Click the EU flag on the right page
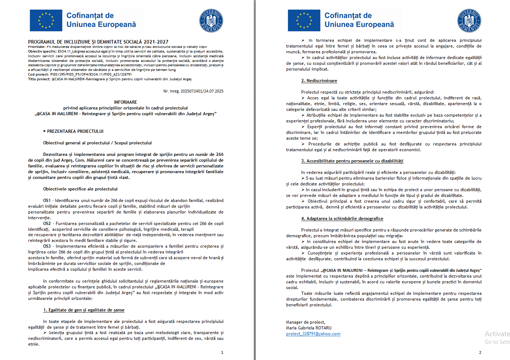304,21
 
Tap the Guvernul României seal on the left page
211,21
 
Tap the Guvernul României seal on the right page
469,21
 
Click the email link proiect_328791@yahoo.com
313,334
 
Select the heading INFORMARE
126,102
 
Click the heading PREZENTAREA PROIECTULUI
75,131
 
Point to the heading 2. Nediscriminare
319,81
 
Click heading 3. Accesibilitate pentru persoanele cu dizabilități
352,161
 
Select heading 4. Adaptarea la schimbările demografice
342,219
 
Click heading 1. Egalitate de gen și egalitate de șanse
84,310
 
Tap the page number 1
222,352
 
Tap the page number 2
480,352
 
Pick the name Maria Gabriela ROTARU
309,328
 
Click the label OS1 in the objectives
47,201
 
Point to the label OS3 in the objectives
47,246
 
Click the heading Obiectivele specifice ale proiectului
80,189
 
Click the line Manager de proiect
306,322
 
